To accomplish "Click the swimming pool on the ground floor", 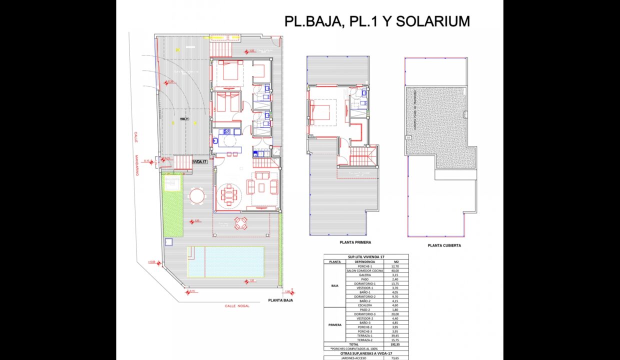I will (225, 261).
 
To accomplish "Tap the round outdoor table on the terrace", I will (196, 195).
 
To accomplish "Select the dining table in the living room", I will (229, 194).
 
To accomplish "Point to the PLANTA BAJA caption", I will (280, 300).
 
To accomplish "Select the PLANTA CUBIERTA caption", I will (444, 245).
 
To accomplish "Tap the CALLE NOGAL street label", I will (236, 305).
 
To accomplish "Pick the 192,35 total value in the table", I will (396, 344).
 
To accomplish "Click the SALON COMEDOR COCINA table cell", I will (364, 270).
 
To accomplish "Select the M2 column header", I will (396, 261).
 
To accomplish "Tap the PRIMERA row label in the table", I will (334, 324).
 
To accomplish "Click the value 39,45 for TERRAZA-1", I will (396, 335).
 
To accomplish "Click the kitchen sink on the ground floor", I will (215, 141).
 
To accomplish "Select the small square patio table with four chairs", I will (241, 223).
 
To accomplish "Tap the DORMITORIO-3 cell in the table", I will (364, 314).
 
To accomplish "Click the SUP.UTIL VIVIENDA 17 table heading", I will (365, 256).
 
